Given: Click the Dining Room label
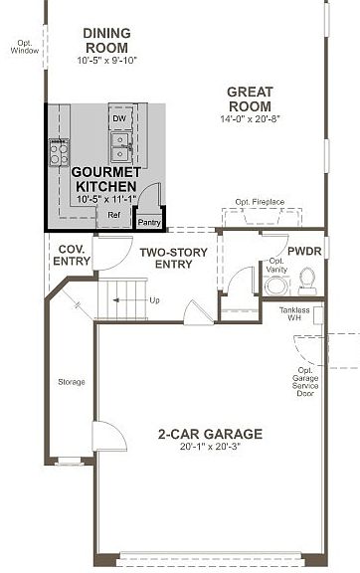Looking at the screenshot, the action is click(106, 41).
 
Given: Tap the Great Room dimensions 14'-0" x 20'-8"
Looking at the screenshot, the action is click(250, 118).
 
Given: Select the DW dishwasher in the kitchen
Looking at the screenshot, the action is click(119, 118).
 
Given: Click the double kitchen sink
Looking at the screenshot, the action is click(120, 147).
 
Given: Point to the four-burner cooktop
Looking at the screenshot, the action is click(59, 152).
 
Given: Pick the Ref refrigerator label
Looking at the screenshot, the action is click(114, 215).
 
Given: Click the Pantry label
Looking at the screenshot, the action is click(149, 222).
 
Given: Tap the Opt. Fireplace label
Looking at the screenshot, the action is click(260, 202).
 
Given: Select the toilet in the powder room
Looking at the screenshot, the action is click(307, 281).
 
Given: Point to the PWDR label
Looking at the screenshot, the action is click(304, 252).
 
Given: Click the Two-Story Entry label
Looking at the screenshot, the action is click(174, 258).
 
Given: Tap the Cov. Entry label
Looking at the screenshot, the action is click(72, 255).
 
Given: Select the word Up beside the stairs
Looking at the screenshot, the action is click(154, 300).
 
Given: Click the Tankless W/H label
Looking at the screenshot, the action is click(294, 314).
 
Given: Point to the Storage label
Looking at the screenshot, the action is click(72, 382).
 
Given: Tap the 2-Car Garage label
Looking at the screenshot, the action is click(210, 434).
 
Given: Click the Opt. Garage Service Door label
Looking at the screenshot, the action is click(305, 382).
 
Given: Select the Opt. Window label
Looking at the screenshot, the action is click(25, 47).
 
